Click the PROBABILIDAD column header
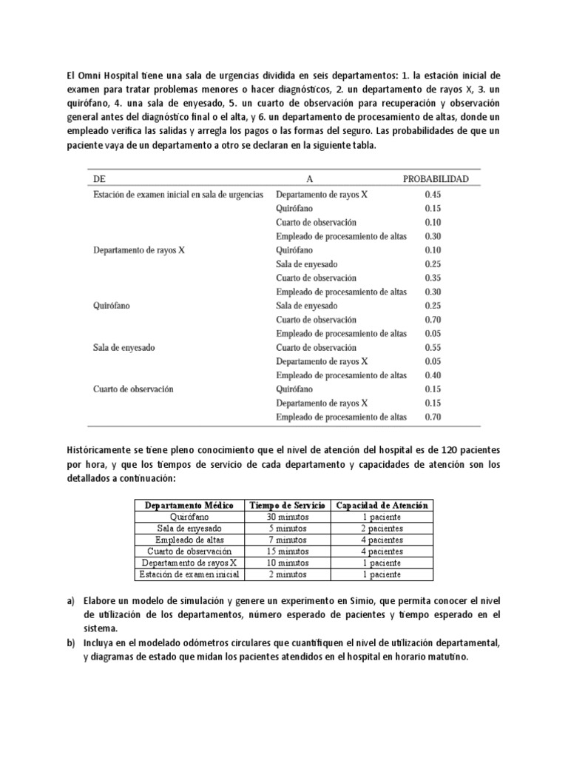[436, 180]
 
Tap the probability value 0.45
[433, 194]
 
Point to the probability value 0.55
[433, 347]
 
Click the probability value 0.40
[433, 375]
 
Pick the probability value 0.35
[433, 278]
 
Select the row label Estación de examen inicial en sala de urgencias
[178, 194]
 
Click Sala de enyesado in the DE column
[124, 347]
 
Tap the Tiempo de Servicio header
[288, 505]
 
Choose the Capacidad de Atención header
[383, 505]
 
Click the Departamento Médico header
[189, 505]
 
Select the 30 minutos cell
[288, 517]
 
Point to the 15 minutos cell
[288, 551]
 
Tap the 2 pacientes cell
[383, 529]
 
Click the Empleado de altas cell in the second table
[189, 540]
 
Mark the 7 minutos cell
[288, 540]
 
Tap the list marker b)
[71, 643]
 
